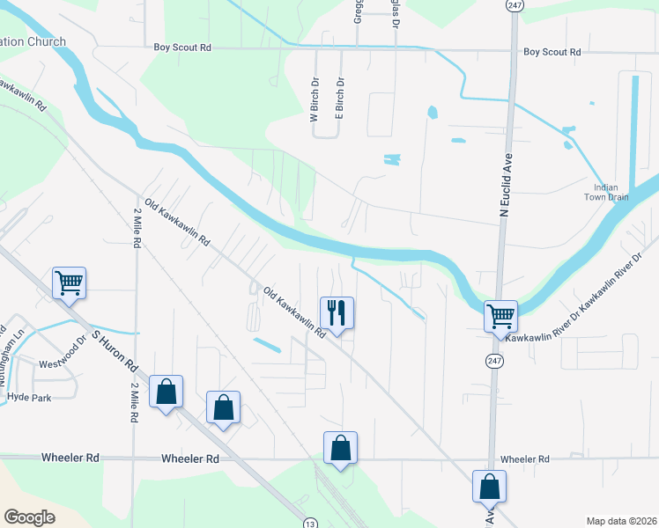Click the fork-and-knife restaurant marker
pos(337,312)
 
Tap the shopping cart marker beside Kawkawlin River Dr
pos(500,316)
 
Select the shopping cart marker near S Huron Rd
pos(69,283)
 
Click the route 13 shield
pos(309,523)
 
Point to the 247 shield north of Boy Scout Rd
pos(512,5)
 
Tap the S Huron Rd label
pos(115,350)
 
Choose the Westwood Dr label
pos(61,363)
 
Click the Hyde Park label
pos(29,398)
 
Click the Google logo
pos(29,517)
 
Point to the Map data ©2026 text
pos(621,520)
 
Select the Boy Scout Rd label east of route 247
pos(552,53)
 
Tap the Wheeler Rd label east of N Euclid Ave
pos(524,459)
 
